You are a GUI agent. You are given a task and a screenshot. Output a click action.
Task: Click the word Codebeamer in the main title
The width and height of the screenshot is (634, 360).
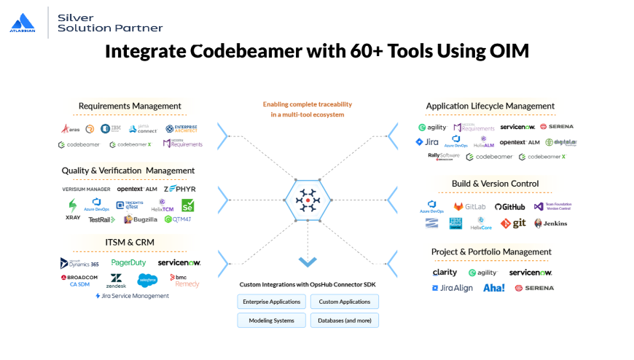(x=235, y=51)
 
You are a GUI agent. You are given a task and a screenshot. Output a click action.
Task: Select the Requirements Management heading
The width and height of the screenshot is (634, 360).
(x=130, y=106)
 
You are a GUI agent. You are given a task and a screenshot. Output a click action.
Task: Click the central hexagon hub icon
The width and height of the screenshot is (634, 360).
(x=308, y=200)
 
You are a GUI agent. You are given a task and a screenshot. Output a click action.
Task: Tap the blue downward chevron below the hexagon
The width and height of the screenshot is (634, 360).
(x=308, y=261)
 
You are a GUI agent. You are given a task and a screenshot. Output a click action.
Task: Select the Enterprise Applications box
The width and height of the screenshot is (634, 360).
(x=272, y=302)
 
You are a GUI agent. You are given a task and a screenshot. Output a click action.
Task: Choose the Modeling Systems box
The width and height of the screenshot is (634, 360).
(x=272, y=320)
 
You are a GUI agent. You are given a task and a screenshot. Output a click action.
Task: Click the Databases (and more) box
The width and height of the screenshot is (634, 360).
(x=345, y=320)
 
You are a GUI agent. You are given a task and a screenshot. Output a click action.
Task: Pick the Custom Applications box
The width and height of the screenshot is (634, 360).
(x=345, y=302)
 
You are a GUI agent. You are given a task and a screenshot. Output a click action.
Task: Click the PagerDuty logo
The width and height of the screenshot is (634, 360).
(x=128, y=262)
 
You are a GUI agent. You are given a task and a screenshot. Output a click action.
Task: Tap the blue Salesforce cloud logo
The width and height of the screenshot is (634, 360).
(x=148, y=280)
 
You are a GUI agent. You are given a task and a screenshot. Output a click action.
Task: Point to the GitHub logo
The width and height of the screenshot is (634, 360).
(x=509, y=207)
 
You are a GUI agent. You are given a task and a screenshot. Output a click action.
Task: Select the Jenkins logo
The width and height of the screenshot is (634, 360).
(x=550, y=224)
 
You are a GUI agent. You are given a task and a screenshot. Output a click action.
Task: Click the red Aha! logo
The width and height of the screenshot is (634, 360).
(x=493, y=288)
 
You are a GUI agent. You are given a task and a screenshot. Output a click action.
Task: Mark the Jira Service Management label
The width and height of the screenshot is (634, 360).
(x=132, y=296)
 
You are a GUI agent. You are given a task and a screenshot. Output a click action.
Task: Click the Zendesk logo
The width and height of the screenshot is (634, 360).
(x=116, y=281)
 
